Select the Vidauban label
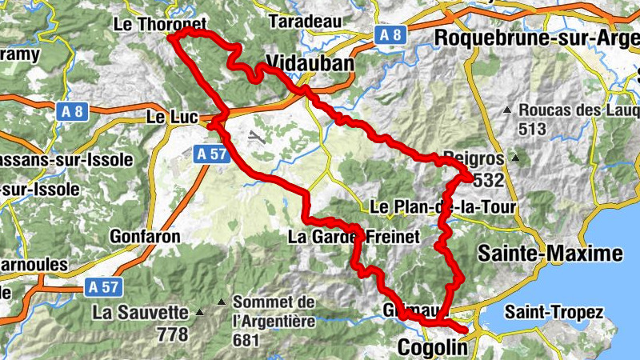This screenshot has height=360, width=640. tap(309, 64)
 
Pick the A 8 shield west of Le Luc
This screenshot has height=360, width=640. tap(73, 113)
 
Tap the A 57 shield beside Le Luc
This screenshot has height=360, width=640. tap(210, 152)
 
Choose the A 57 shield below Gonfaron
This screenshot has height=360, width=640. tap(103, 286)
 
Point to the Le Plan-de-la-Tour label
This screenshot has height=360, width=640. tap(443, 208)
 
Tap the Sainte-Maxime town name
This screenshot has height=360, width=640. tap(550, 254)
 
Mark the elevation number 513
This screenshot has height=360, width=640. tap(532, 129)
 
